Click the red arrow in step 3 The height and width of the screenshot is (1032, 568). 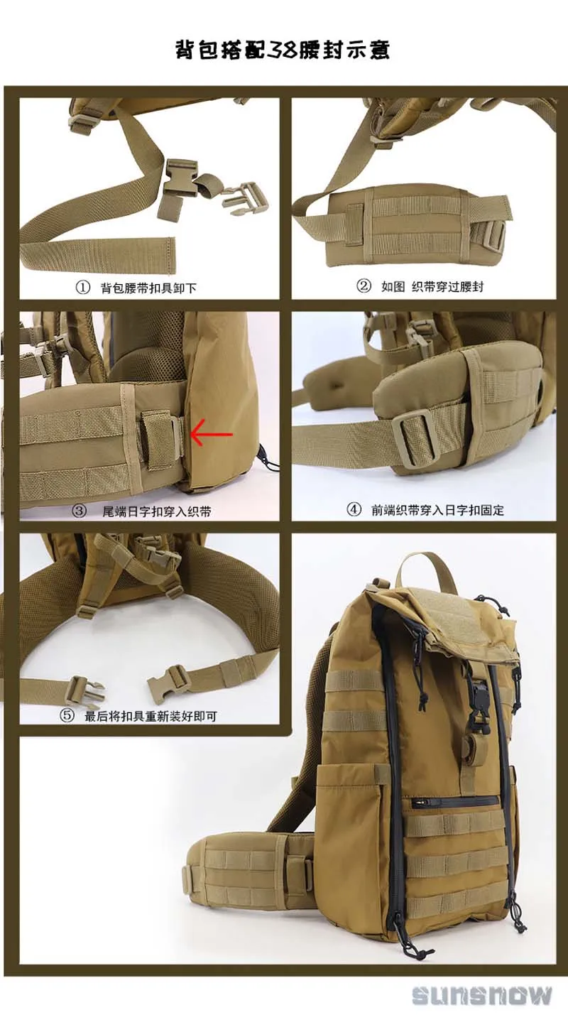(x=212, y=434)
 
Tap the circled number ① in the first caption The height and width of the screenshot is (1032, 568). (x=82, y=288)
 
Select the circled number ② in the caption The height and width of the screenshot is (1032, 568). (x=364, y=286)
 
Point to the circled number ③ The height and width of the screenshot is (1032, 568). (x=80, y=511)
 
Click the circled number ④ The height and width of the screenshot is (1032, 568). (x=354, y=509)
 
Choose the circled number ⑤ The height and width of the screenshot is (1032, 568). (x=67, y=715)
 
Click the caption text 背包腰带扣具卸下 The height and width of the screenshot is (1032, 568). (x=148, y=288)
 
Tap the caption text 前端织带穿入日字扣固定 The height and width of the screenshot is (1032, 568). (x=437, y=510)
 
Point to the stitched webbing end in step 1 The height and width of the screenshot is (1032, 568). (x=164, y=256)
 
